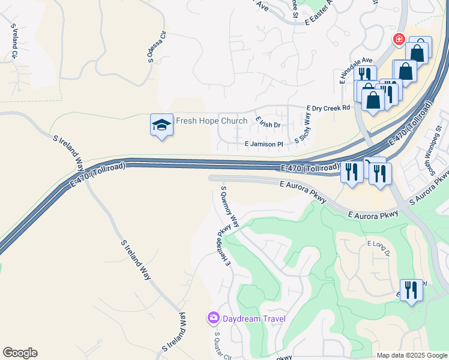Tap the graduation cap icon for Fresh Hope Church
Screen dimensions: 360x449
click(161, 125)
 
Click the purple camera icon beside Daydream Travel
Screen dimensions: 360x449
click(213, 317)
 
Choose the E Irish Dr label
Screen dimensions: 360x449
click(268, 122)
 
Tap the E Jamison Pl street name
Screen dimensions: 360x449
click(264, 145)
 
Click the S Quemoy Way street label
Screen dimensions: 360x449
click(229, 206)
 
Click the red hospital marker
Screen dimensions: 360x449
click(398, 40)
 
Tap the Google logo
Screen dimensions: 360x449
click(20, 353)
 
